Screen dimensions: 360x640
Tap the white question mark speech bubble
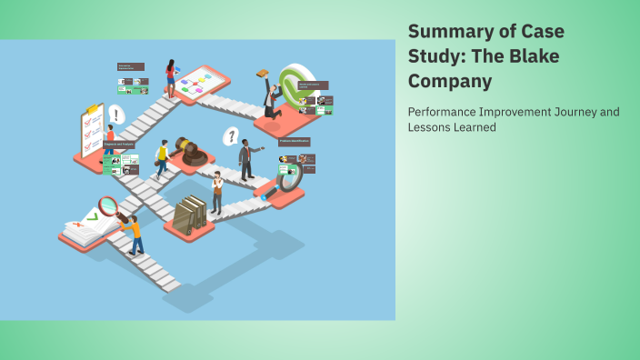click(x=232, y=136)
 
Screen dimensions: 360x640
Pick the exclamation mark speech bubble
click(x=116, y=114)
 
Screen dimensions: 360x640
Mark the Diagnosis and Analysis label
click(x=117, y=144)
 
